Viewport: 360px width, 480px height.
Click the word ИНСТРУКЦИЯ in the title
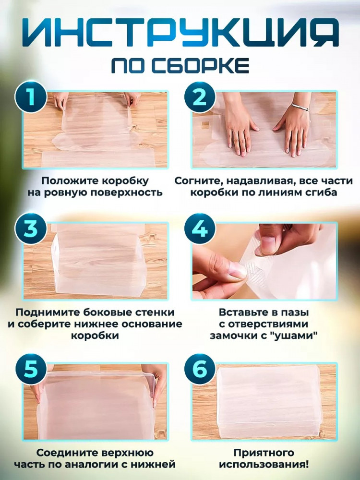pos(180,33)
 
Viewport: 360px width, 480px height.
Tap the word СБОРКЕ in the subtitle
pos(201,65)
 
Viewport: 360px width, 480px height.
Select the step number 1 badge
pos(31,98)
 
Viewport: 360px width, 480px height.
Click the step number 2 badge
pos(200,98)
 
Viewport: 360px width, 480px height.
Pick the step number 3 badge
pos(31,229)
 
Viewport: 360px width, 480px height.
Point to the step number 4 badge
pos(200,229)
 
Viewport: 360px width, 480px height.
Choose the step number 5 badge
pos(31,369)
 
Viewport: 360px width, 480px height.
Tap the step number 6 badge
pos(200,369)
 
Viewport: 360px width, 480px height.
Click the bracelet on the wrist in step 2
pos(300,107)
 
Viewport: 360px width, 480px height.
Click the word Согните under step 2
pos(195,181)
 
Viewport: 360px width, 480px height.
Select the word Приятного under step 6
pos(264,453)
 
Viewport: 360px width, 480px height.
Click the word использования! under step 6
pos(264,464)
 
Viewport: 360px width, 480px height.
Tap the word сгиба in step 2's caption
pos(320,192)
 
